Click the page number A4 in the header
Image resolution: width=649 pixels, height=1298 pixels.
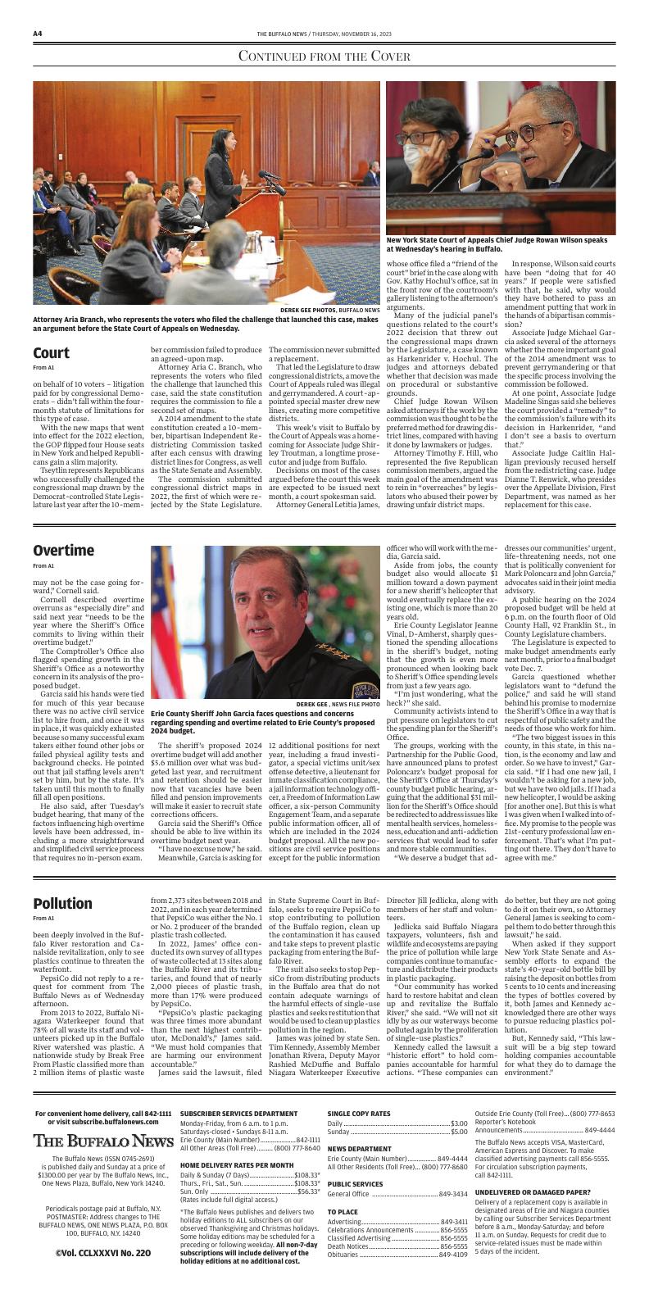[38, 34]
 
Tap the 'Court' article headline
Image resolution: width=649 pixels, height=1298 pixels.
[51, 353]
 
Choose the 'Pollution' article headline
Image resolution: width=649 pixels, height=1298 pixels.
[62, 903]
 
